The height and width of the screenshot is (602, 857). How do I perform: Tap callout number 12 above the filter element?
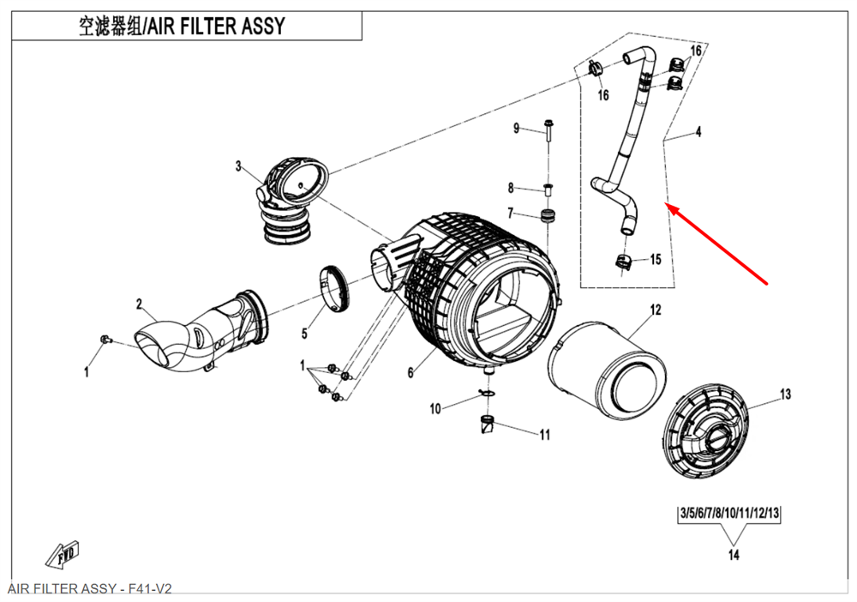pos(656,310)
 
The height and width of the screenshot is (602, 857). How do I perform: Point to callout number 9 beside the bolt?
pos(517,129)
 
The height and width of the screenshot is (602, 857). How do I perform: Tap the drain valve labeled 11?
pos(488,424)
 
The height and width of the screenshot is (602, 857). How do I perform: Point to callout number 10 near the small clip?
pos(435,409)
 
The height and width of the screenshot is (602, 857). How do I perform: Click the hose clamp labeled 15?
pos(624,260)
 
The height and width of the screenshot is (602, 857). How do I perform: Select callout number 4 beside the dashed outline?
pos(698,132)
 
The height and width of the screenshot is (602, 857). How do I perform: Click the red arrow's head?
pos(670,208)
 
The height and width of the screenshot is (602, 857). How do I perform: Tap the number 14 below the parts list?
pos(733,555)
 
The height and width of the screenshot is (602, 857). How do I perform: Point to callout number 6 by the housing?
pos(411,373)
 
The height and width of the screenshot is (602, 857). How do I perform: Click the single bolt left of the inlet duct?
pos(105,340)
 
